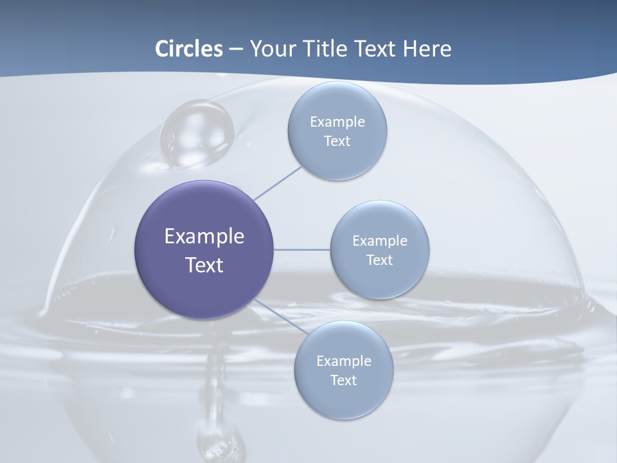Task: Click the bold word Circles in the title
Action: click(188, 49)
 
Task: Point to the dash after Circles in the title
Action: click(236, 50)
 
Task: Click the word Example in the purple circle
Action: click(204, 237)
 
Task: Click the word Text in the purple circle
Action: click(204, 265)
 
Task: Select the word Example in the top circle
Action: click(337, 122)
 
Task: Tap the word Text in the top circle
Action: click(337, 141)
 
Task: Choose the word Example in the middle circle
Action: click(380, 241)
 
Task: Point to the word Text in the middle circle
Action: click(380, 260)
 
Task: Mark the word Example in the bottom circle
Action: click(344, 361)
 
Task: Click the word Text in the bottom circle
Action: click(344, 380)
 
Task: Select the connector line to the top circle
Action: click(278, 183)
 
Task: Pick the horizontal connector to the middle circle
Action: click(302, 250)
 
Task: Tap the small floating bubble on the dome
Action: click(197, 134)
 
